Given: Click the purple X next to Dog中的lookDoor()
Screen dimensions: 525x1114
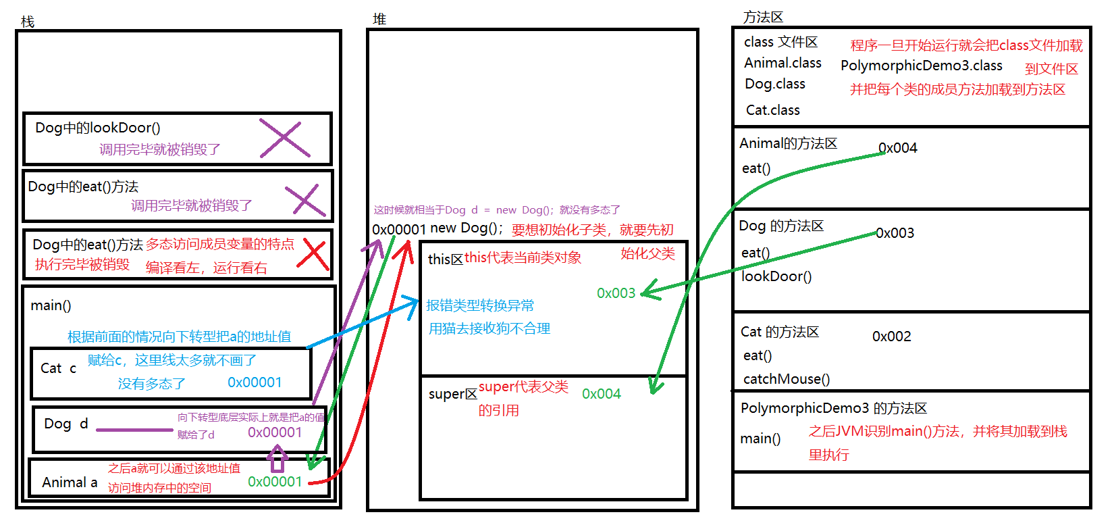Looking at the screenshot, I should (284, 139).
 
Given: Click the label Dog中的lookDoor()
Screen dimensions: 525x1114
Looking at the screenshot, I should (97, 128).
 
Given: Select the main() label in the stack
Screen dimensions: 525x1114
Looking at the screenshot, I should (51, 305).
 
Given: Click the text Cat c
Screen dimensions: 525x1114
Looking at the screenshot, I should (58, 368).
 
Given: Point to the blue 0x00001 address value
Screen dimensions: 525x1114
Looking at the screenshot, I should (255, 382).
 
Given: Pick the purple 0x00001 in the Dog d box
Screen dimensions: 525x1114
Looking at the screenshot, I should (275, 432).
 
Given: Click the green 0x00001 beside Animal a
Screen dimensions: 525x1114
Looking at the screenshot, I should (275, 482).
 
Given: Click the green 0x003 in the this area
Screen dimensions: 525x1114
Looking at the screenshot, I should (616, 293).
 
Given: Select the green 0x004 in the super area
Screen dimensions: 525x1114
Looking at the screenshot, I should (601, 394).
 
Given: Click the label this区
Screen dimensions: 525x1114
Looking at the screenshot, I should (445, 259).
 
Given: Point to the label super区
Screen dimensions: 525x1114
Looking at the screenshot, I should (452, 394).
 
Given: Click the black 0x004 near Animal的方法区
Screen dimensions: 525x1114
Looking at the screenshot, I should (897, 148).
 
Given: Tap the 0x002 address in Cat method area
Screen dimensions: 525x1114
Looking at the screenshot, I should (891, 336).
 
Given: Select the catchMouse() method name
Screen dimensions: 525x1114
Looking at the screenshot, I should (787, 379).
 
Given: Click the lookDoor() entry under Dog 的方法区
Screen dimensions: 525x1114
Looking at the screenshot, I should (776, 276).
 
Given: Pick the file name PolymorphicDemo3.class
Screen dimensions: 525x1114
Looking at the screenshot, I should (921, 66).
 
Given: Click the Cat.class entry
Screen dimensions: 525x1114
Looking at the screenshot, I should (772, 110).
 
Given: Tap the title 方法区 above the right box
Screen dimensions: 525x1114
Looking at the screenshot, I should (763, 17).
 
